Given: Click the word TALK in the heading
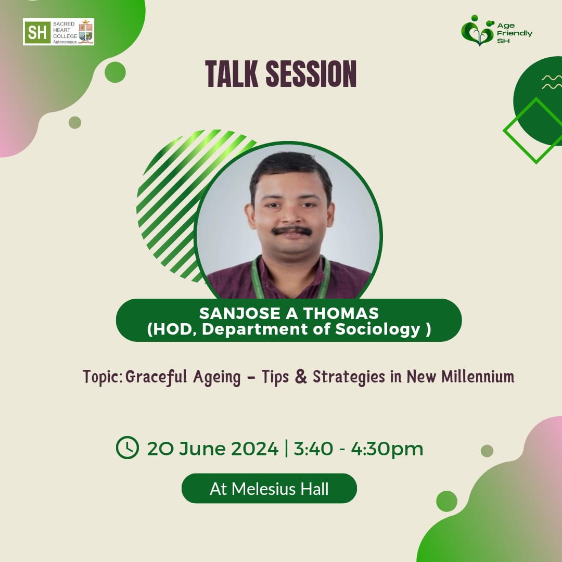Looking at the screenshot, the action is point(232,74).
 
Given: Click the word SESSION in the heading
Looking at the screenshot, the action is point(311,74).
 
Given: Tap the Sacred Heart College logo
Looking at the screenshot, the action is point(58,32).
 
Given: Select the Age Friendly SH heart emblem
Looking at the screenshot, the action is point(478,31).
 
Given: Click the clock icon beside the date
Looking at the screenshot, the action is point(127,448).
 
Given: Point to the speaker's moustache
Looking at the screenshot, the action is point(291,231).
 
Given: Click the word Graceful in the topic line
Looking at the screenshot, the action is point(156,377).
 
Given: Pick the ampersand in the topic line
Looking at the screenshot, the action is point(301,376).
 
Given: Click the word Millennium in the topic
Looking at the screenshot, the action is point(478,376).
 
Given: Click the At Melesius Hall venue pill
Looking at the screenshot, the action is point(269,489).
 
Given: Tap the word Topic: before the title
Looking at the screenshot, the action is point(103,377).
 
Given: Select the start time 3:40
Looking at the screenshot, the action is point(313,449).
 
